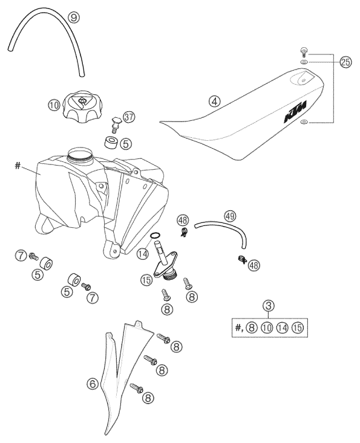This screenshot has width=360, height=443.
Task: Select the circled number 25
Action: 345,63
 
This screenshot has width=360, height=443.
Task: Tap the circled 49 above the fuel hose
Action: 229,216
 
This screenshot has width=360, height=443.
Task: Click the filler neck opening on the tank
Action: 80,154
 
